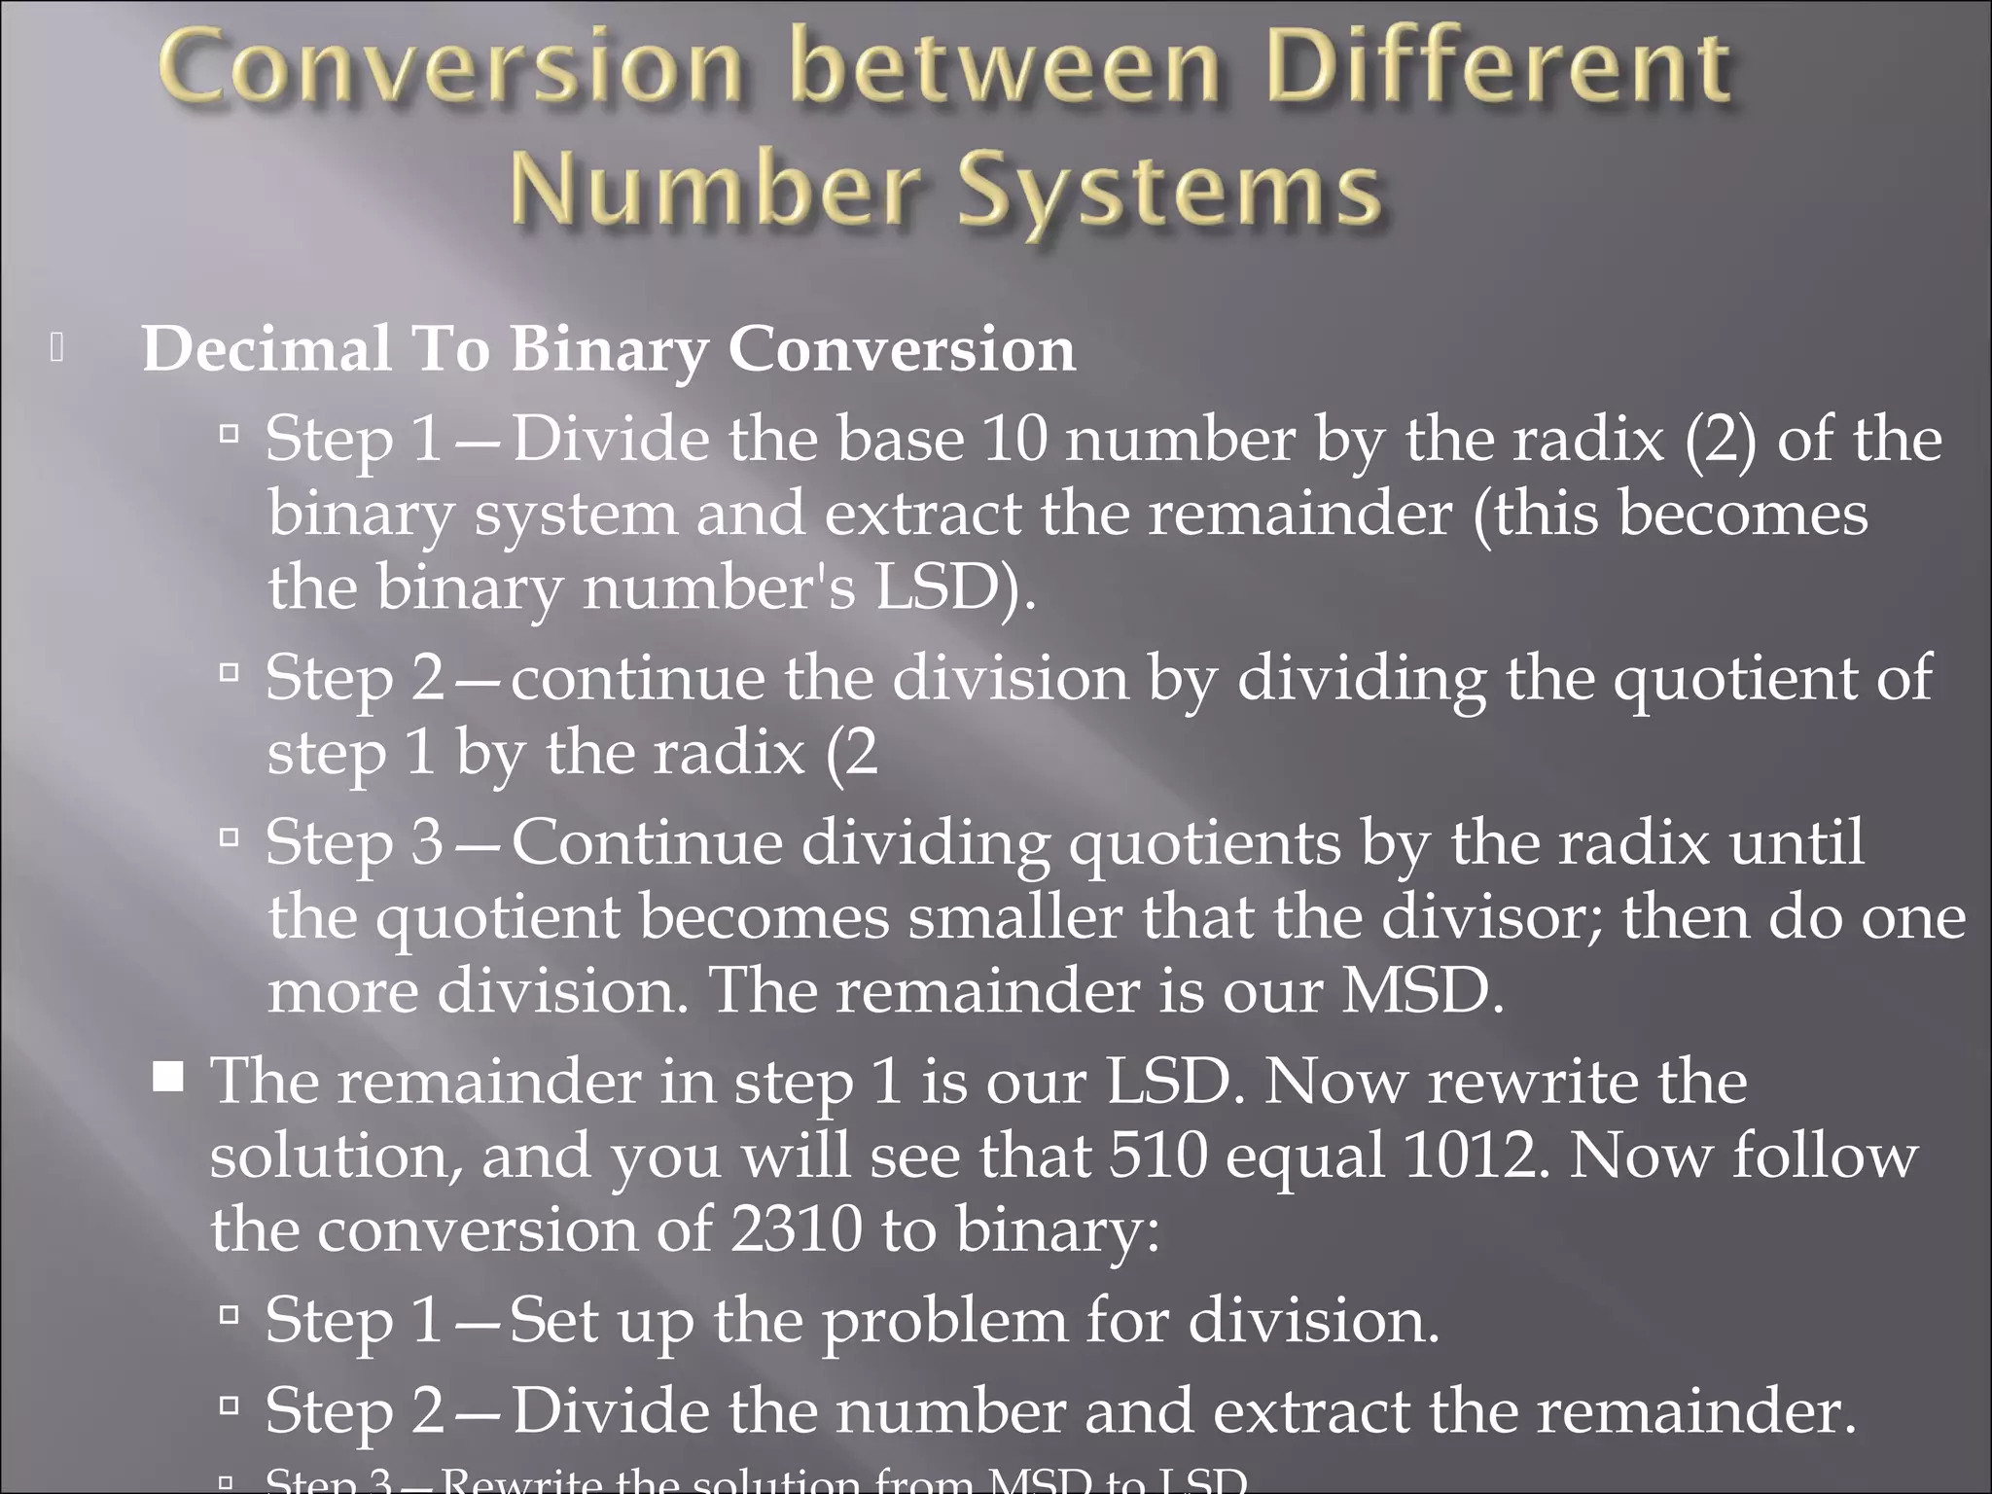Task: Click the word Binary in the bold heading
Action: (610, 350)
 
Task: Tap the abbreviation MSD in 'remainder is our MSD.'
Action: (1421, 991)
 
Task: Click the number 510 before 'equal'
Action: (1158, 1156)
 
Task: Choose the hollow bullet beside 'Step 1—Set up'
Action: (230, 1316)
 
